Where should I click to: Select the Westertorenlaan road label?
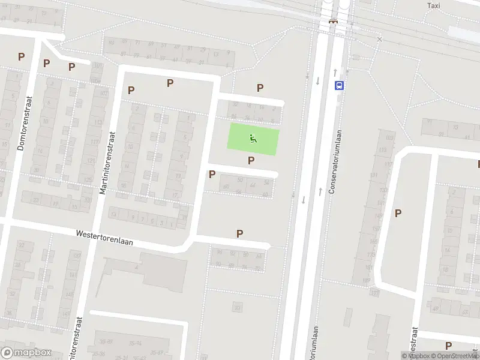click(104, 238)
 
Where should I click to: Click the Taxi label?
click(433, 5)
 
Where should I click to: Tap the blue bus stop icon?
click(340, 85)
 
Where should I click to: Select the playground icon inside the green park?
click(253, 140)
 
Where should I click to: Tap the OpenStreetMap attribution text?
click(455, 356)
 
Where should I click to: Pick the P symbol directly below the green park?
click(251, 160)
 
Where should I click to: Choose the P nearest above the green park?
click(260, 88)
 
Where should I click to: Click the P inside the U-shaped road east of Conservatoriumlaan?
click(398, 213)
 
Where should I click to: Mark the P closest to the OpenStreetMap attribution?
click(448, 346)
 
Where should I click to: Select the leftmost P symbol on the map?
click(21, 57)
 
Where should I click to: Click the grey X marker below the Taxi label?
click(379, 40)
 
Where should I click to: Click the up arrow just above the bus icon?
click(335, 72)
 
